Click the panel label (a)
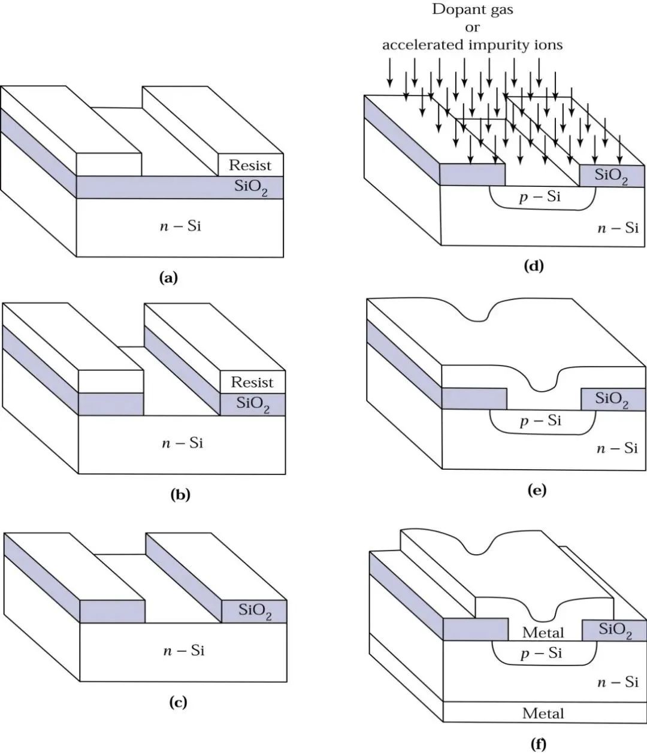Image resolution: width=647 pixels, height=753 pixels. pos(168,277)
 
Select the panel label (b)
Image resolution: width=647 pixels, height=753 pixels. pos(180,495)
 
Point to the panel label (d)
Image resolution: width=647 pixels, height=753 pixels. pos(533,267)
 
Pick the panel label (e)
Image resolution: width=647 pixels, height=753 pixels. pos(536,491)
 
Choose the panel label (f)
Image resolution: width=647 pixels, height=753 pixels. pos(539,745)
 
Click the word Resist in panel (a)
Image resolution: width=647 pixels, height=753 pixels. pos(250,165)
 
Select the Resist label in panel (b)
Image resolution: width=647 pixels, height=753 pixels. pos(252,382)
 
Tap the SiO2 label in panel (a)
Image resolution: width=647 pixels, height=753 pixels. pos(251,187)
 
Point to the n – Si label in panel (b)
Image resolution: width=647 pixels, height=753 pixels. pos(183,443)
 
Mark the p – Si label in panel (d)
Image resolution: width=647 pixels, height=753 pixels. pos(540,196)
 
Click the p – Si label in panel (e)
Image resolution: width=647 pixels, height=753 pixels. pos(540,421)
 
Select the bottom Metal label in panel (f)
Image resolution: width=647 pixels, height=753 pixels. pos(543,713)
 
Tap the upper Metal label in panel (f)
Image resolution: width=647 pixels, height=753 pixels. pos(543,632)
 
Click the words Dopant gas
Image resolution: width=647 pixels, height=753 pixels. pos(473,10)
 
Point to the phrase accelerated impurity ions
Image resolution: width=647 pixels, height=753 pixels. pos(473,44)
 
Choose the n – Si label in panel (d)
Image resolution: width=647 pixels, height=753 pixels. pos(617,228)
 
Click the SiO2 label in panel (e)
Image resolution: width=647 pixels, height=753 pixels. pos(612,400)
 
